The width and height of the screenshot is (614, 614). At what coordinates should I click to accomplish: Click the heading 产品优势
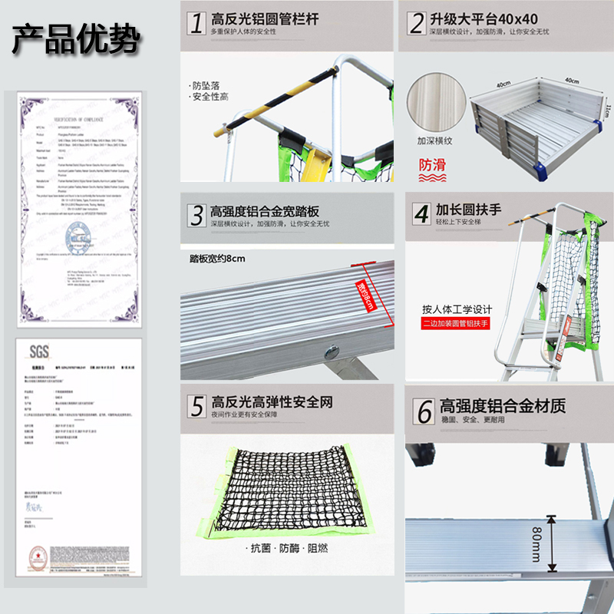click(x=75, y=39)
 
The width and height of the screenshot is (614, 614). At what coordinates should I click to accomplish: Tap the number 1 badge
click(x=196, y=23)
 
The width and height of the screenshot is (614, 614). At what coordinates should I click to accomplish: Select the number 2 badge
click(x=417, y=23)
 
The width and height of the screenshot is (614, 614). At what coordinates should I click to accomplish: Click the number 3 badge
click(x=197, y=214)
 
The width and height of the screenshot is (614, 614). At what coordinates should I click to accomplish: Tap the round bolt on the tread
click(x=332, y=352)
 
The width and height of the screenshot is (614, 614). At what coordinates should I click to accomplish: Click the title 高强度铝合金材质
click(x=503, y=406)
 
